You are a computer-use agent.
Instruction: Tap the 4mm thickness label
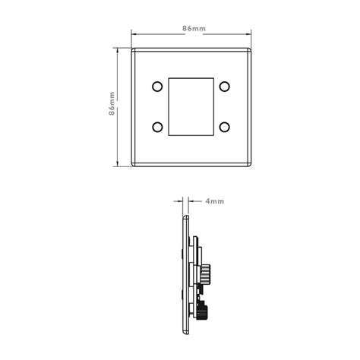pos(214,202)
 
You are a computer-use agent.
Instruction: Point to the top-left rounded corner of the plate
pos(135,50)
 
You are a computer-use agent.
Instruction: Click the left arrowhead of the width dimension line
pos(134,34)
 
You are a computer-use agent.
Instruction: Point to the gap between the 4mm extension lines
pos(188,202)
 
